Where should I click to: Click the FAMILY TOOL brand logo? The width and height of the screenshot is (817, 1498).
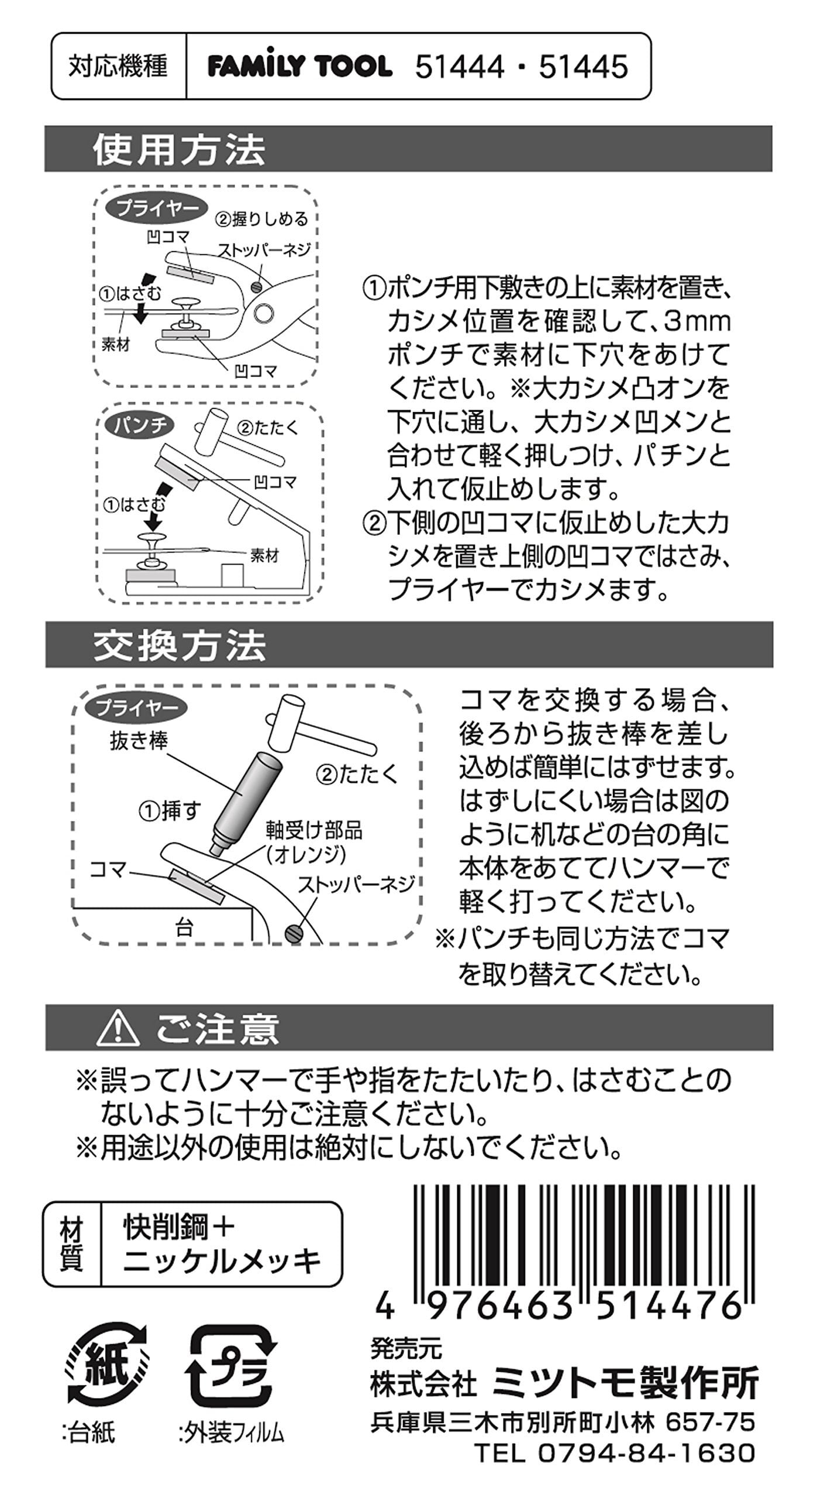300,66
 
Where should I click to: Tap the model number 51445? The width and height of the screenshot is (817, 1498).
584,67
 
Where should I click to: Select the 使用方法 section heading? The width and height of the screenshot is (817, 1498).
179,150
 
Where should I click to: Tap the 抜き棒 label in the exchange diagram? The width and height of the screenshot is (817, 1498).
139,741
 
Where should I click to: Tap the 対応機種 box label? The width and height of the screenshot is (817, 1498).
118,66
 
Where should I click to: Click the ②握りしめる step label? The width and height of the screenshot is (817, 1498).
261,219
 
